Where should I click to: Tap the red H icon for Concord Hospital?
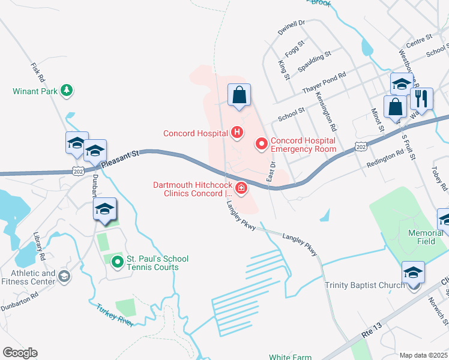[x=237, y=133]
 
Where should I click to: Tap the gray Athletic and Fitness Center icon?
[x=64, y=276]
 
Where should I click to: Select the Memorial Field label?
[x=426, y=236]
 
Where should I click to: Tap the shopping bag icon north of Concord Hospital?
[x=239, y=95]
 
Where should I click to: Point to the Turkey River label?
[x=115, y=315]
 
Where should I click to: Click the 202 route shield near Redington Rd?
[x=360, y=146]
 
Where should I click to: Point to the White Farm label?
[x=290, y=357]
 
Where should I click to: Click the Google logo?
[x=20, y=353]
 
